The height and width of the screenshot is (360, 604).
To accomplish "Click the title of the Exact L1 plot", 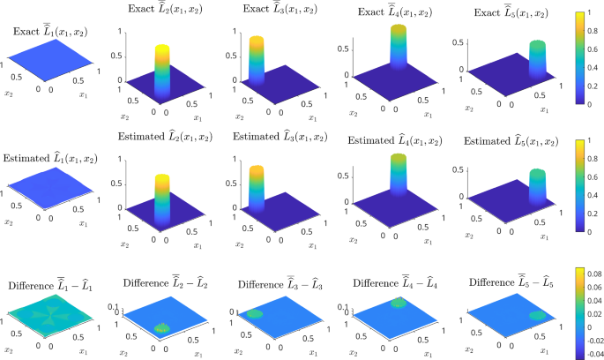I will click(x=49, y=32).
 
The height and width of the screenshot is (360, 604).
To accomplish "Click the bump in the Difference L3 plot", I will click(x=254, y=311).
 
